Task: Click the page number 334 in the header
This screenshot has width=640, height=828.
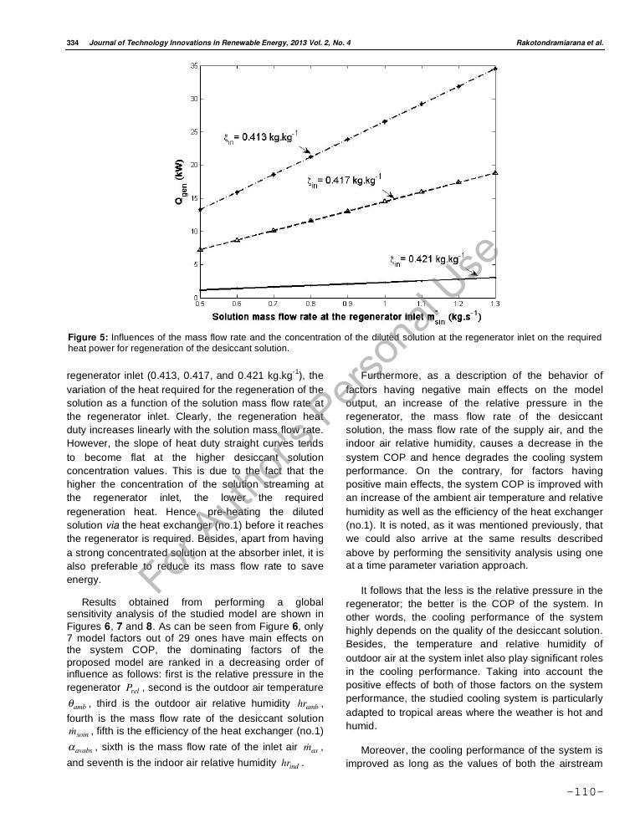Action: [x=72, y=43]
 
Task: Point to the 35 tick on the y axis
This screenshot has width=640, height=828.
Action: [x=194, y=66]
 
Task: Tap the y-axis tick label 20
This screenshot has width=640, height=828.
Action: [x=194, y=165]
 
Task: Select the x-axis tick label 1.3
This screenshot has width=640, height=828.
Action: [x=495, y=304]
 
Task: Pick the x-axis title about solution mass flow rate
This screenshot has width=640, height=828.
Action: [x=346, y=317]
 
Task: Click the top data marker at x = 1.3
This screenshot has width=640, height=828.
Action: [x=496, y=69]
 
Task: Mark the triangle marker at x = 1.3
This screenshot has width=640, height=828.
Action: [x=496, y=172]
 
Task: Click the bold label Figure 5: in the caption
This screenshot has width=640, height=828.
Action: [x=88, y=337]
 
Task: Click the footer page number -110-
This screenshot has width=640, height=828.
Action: [x=585, y=793]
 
